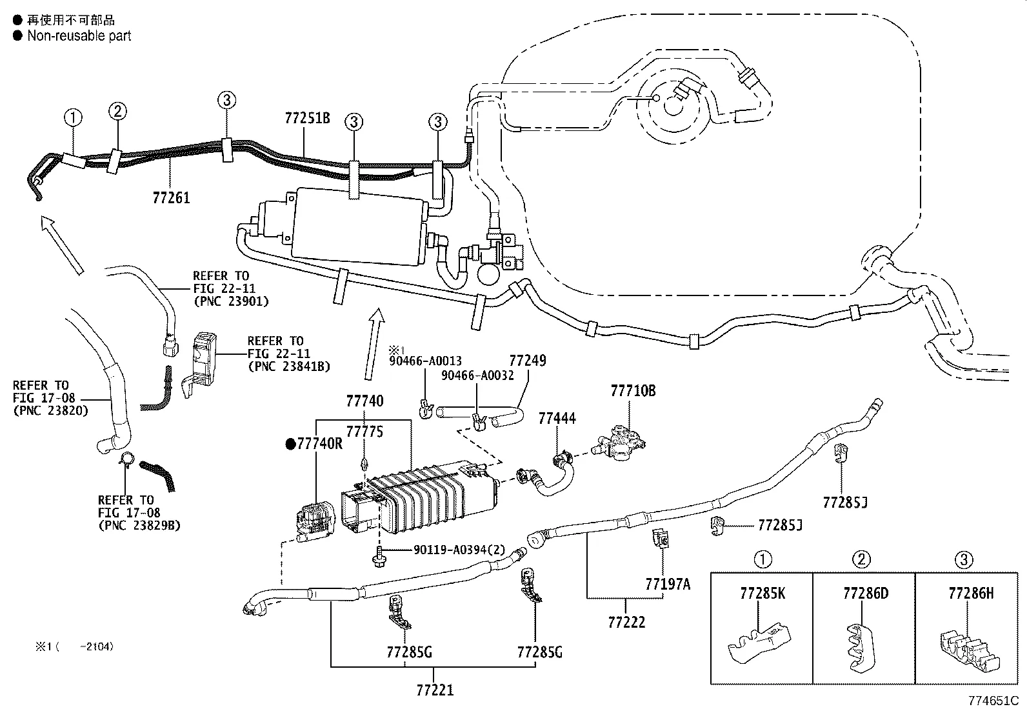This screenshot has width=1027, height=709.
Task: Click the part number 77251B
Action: point(307,118)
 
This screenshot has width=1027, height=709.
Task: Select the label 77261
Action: point(172,197)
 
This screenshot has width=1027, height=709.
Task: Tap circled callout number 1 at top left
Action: point(73,117)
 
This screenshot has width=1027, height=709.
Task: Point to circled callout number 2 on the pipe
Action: point(117,111)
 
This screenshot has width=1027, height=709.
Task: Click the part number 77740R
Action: point(320,444)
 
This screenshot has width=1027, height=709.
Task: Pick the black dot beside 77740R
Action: point(290,444)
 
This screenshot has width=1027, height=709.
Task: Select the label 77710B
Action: point(633,391)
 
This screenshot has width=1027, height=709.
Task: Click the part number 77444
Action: point(557,419)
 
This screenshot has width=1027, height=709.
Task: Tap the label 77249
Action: point(527,361)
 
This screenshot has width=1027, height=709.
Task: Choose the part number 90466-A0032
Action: point(477,375)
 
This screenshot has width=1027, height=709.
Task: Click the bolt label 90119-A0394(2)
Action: point(459,550)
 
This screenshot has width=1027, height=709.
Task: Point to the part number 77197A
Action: point(667,584)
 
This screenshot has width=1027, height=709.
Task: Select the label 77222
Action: point(626,622)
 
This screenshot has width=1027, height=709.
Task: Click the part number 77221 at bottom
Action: point(435,690)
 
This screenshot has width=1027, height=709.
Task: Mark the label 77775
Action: point(364,432)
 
